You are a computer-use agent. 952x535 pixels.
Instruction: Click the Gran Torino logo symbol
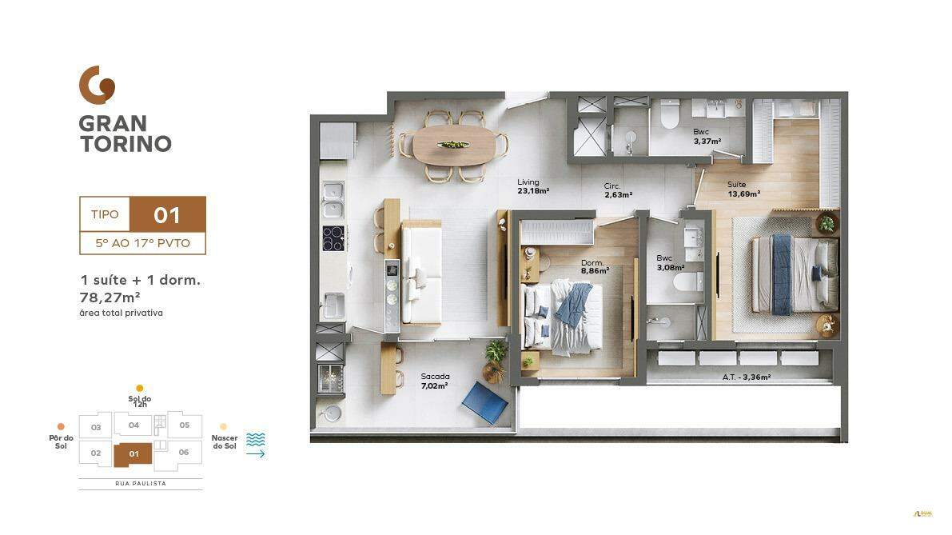(x=97, y=85)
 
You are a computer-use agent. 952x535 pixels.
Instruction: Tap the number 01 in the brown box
(x=167, y=214)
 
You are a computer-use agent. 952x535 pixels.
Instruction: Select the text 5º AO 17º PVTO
(x=142, y=243)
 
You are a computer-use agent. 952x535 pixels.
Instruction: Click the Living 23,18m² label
(x=533, y=186)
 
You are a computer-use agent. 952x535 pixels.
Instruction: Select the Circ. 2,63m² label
(x=618, y=190)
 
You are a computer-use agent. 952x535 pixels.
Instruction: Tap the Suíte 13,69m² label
(x=743, y=188)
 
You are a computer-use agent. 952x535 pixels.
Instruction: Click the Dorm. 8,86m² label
(x=595, y=266)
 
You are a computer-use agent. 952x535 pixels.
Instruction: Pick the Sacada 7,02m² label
(x=434, y=381)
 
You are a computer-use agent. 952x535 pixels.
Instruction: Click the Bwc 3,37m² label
(x=707, y=137)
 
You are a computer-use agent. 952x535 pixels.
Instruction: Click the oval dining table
(x=453, y=146)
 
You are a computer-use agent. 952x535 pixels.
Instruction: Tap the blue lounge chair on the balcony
(x=484, y=401)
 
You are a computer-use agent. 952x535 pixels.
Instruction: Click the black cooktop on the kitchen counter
(x=333, y=238)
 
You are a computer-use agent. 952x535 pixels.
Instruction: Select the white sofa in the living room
(x=421, y=272)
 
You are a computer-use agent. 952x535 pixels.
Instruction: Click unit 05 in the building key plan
(x=184, y=425)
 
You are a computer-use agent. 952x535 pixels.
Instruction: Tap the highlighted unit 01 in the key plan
(x=133, y=455)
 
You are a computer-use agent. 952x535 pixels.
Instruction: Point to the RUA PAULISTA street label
(x=141, y=484)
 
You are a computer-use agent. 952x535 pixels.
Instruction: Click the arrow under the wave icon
(x=255, y=454)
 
